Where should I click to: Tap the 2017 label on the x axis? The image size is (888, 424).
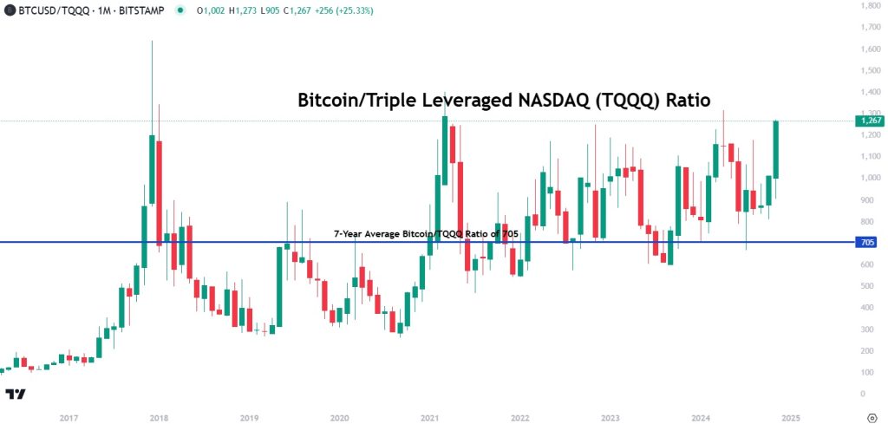(69, 419)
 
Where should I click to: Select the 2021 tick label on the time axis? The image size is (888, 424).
(429, 419)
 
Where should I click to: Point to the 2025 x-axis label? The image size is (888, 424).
(790, 419)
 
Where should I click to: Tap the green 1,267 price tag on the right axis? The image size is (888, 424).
(871, 121)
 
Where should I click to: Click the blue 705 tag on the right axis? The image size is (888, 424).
(868, 242)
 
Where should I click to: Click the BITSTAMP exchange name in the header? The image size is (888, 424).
(145, 11)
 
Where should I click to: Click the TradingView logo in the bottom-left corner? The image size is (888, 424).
(15, 395)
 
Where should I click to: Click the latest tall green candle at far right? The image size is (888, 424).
(777, 149)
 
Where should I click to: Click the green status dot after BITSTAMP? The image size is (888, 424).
(180, 11)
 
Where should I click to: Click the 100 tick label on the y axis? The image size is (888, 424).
(867, 372)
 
